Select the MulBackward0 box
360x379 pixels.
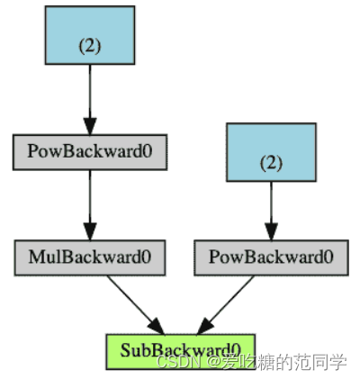[x=89, y=257]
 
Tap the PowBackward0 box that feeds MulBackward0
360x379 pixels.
[x=89, y=152]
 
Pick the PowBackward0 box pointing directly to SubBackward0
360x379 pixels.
[x=270, y=257]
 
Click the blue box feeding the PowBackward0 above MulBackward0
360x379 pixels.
[x=89, y=36]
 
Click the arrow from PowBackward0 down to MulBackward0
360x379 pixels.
[x=89, y=203]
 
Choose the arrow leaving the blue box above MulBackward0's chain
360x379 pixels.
[x=89, y=95]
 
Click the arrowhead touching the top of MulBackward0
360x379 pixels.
[x=89, y=232]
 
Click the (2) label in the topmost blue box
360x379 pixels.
[x=89, y=46]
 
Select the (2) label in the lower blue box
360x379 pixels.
[x=270, y=163]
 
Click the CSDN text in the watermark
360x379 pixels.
[x=174, y=362]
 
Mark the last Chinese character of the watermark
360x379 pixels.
[x=337, y=362]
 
